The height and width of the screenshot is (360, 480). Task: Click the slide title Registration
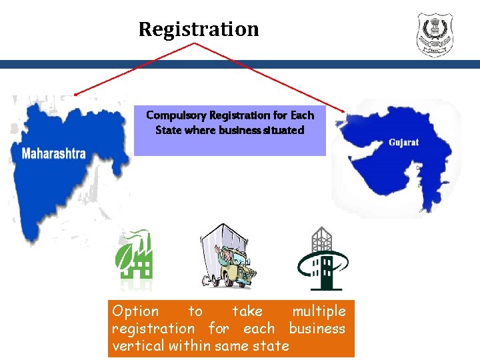(198, 29)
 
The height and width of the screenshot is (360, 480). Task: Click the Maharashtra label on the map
(54, 153)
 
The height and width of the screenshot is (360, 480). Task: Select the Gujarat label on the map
(403, 143)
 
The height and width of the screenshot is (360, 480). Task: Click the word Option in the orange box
(135, 311)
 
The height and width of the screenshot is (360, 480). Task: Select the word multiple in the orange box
(319, 311)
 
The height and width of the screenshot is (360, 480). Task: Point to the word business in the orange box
(317, 329)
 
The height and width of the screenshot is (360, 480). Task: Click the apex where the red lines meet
(195, 43)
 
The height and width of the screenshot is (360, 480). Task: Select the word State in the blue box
(168, 130)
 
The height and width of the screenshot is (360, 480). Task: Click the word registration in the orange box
(153, 329)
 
